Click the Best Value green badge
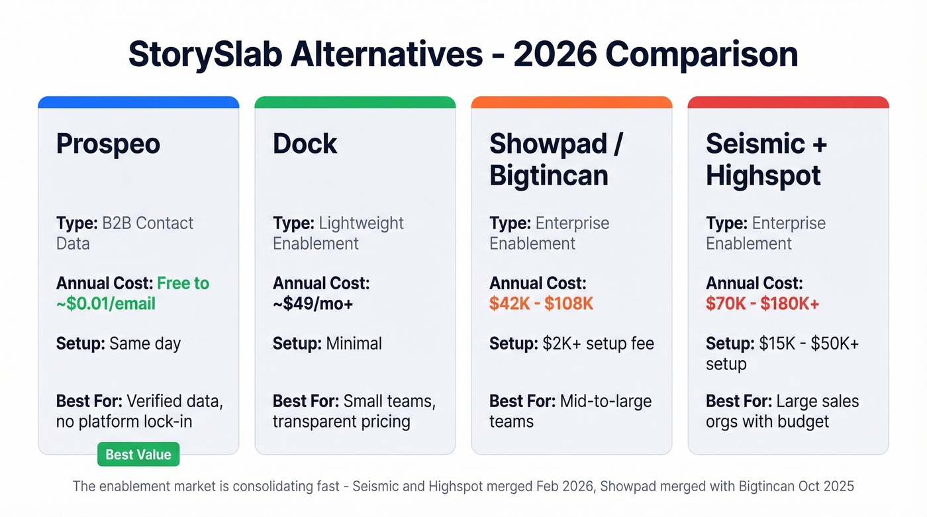138,455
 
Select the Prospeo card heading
108,144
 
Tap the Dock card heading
305,144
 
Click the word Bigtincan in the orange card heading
548,175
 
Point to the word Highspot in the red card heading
763,175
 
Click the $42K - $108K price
541,304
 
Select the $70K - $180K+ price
763,304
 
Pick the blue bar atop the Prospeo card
138,103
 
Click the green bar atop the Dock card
355,103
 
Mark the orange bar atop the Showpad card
571,103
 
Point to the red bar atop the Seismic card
788,103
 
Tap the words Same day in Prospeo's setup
145,344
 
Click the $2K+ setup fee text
599,344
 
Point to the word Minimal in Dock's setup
354,344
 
